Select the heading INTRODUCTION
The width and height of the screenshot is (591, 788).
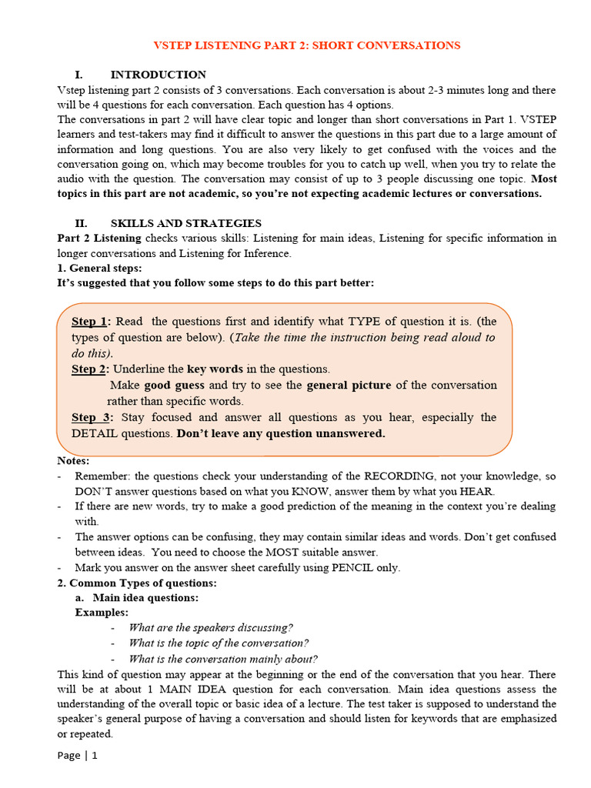pyautogui.click(x=158, y=75)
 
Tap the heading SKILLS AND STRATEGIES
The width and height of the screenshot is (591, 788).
pyautogui.click(x=185, y=223)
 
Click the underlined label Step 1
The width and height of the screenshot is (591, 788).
pyautogui.click(x=90, y=322)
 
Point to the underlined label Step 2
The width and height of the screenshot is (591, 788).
pyautogui.click(x=90, y=369)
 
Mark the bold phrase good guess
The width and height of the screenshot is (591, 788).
pyautogui.click(x=175, y=385)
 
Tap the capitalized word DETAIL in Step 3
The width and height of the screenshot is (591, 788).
pyautogui.click(x=98, y=433)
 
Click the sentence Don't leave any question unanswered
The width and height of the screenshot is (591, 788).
pyautogui.click(x=281, y=433)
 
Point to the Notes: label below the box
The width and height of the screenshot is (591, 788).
pyautogui.click(x=73, y=461)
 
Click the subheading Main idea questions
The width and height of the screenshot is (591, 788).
pyautogui.click(x=145, y=597)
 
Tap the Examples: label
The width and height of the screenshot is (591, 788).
pyautogui.click(x=102, y=613)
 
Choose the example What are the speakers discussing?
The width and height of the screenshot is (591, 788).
pyautogui.click(x=211, y=628)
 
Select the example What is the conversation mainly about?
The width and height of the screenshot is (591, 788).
pyautogui.click(x=223, y=659)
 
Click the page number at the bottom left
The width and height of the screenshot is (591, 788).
pyautogui.click(x=78, y=755)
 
